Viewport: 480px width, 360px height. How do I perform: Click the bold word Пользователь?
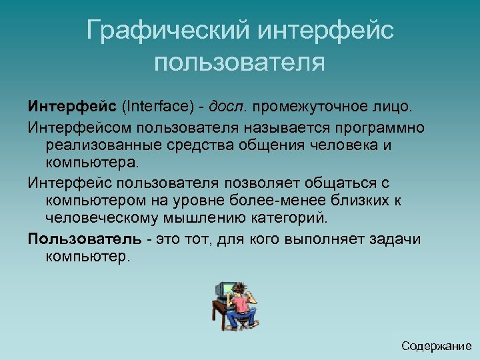point(84,239)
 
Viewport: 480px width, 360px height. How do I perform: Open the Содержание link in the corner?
point(436,346)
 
